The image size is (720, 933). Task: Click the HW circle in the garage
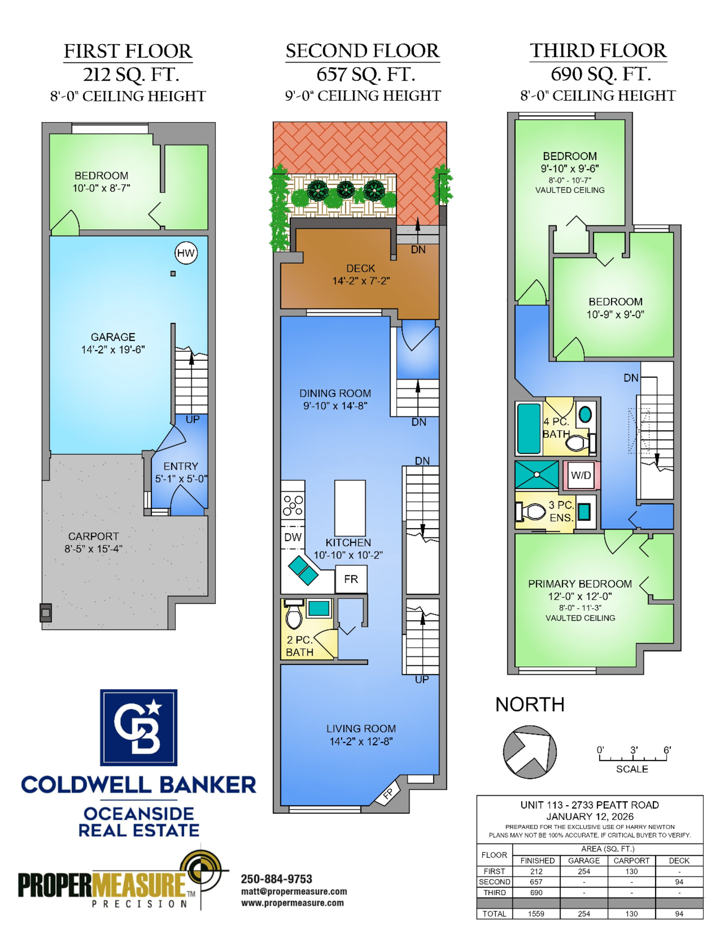click(186, 253)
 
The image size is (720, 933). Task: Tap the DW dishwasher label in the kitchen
click(293, 537)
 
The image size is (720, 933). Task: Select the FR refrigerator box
click(351, 579)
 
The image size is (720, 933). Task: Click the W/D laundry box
click(581, 475)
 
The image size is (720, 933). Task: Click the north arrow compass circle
click(530, 752)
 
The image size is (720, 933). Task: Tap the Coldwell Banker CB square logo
click(139, 727)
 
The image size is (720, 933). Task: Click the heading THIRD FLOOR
click(598, 50)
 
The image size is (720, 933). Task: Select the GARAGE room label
click(113, 337)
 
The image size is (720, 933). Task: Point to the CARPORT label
click(94, 536)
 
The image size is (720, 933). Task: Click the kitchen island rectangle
click(350, 508)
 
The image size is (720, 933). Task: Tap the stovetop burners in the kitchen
click(293, 505)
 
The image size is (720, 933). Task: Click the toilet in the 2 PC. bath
click(294, 614)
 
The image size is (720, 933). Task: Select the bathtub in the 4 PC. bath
click(529, 428)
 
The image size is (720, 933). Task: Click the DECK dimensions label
click(361, 281)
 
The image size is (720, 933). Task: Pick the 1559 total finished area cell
click(536, 914)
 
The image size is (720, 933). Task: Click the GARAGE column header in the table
click(584, 860)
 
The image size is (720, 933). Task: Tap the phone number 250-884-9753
click(276, 879)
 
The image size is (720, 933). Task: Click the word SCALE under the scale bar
click(632, 769)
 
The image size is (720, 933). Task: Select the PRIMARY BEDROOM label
click(580, 584)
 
